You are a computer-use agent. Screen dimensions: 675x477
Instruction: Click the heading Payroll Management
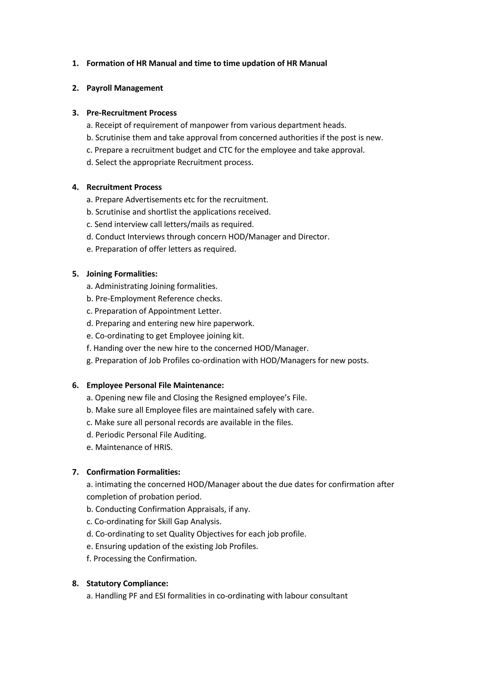tap(125, 88)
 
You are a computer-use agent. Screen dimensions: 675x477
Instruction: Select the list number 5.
tap(75, 274)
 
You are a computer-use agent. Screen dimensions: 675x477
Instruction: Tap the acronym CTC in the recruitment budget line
tap(225, 150)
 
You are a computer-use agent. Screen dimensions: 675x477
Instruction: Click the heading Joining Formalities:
tap(122, 274)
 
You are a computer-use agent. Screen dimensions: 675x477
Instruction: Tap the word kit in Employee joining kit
tap(238, 336)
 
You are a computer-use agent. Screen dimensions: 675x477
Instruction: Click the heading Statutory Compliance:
tap(127, 584)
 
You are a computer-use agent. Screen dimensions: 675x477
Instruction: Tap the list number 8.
tap(75, 584)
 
